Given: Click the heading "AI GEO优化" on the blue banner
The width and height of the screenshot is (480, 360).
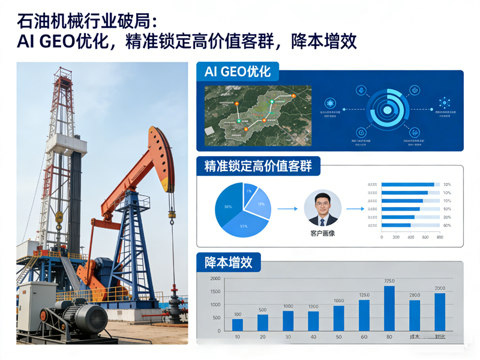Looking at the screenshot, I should pyautogui.click(x=238, y=72).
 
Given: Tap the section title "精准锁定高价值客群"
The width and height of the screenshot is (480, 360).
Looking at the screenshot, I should pyautogui.click(x=258, y=166).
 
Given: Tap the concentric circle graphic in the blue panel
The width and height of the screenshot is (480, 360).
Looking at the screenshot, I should pyautogui.click(x=388, y=110).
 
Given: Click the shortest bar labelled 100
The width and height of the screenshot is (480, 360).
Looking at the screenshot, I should pyautogui.click(x=238, y=325).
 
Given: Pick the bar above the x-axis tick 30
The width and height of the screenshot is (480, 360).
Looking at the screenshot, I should pyautogui.click(x=288, y=320).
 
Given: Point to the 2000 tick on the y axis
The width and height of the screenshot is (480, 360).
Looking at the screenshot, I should pyautogui.click(x=215, y=279).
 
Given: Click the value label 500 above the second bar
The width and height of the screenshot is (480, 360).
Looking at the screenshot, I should pyautogui.click(x=263, y=310).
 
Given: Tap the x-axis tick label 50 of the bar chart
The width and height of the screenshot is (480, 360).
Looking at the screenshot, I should pyautogui.click(x=338, y=337).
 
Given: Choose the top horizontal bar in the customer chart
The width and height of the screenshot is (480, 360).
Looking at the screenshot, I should pyautogui.click(x=408, y=184).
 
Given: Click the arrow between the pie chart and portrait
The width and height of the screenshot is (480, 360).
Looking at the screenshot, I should pyautogui.click(x=288, y=209).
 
